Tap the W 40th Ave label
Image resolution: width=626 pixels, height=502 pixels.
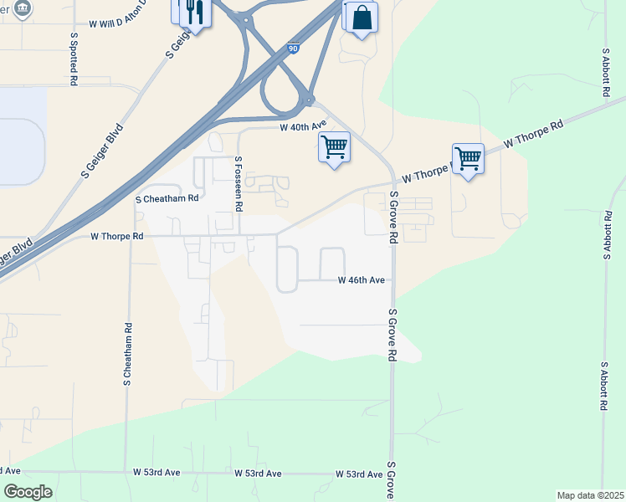click(x=302, y=127)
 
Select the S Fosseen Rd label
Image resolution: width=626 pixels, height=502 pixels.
click(x=239, y=182)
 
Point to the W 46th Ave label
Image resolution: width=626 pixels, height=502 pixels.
click(x=361, y=280)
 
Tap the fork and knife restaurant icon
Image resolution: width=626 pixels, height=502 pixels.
click(x=194, y=13)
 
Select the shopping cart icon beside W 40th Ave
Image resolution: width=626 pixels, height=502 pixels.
click(x=334, y=147)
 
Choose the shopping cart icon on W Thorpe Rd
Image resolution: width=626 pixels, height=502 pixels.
click(x=468, y=157)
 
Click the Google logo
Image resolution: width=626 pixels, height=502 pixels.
click(x=28, y=492)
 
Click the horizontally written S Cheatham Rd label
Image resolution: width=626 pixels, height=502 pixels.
click(x=167, y=198)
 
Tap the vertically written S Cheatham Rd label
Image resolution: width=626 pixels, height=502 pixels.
click(x=128, y=354)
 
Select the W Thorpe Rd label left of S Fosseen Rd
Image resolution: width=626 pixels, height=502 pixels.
click(x=117, y=237)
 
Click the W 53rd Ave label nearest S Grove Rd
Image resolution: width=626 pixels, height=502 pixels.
click(x=359, y=474)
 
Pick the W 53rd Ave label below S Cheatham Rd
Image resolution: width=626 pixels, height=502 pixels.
click(x=156, y=473)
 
